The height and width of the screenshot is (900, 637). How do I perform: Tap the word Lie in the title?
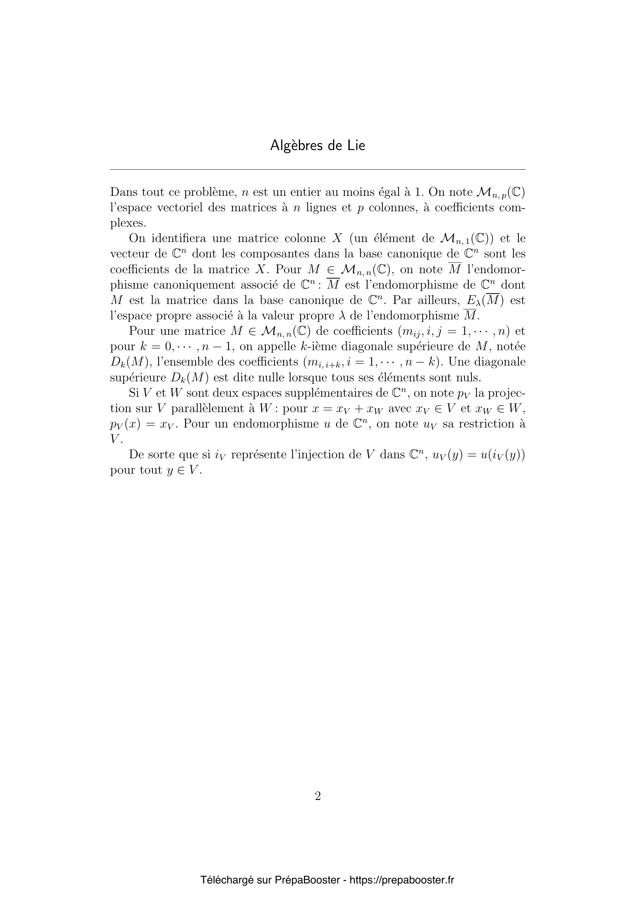pos(356,146)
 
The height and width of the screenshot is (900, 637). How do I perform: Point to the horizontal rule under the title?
pos(318,170)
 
